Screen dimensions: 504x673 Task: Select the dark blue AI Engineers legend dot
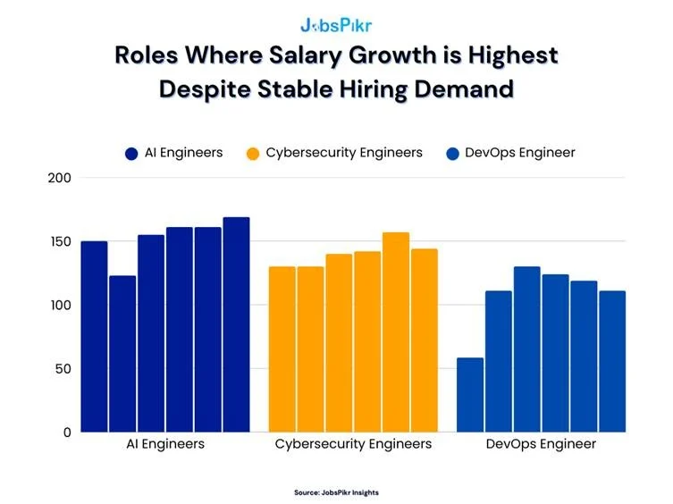(x=132, y=154)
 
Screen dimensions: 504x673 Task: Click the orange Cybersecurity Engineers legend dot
(x=253, y=154)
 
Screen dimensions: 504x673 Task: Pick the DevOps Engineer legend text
(x=520, y=153)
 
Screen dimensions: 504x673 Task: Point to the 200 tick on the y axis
(x=60, y=178)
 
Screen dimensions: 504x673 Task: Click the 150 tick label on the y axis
(x=60, y=241)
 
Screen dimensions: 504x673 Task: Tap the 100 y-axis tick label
(x=60, y=305)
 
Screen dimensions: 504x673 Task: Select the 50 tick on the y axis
(x=63, y=368)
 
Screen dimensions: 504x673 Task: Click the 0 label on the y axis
(x=67, y=432)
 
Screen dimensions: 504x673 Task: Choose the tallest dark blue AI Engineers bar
(x=236, y=324)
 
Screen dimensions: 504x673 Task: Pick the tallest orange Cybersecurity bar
(x=396, y=332)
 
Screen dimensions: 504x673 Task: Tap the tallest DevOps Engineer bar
(x=526, y=349)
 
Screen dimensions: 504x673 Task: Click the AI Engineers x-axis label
(x=165, y=444)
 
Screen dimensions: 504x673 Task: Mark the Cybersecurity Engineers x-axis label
(x=353, y=444)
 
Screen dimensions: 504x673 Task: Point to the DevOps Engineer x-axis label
(x=541, y=444)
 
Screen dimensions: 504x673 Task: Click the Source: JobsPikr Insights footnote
(x=336, y=492)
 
